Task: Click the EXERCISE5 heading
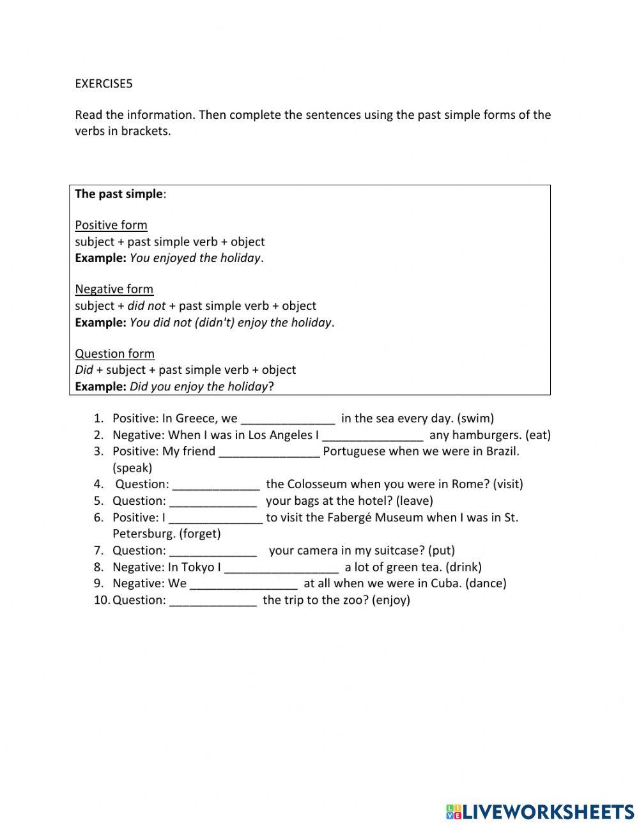tap(104, 83)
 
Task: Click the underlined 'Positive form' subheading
tap(111, 225)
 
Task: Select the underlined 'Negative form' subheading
tap(114, 289)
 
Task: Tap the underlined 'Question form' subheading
tap(114, 353)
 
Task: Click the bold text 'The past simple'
tap(119, 194)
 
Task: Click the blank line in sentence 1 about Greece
tap(288, 419)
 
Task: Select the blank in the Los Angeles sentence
tap(373, 436)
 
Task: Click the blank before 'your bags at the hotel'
tap(213, 501)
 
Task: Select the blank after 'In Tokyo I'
tap(281, 567)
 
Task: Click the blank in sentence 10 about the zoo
tap(213, 601)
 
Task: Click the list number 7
tap(98, 550)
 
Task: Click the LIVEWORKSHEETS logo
tap(540, 812)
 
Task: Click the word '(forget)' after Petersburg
tap(199, 534)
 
